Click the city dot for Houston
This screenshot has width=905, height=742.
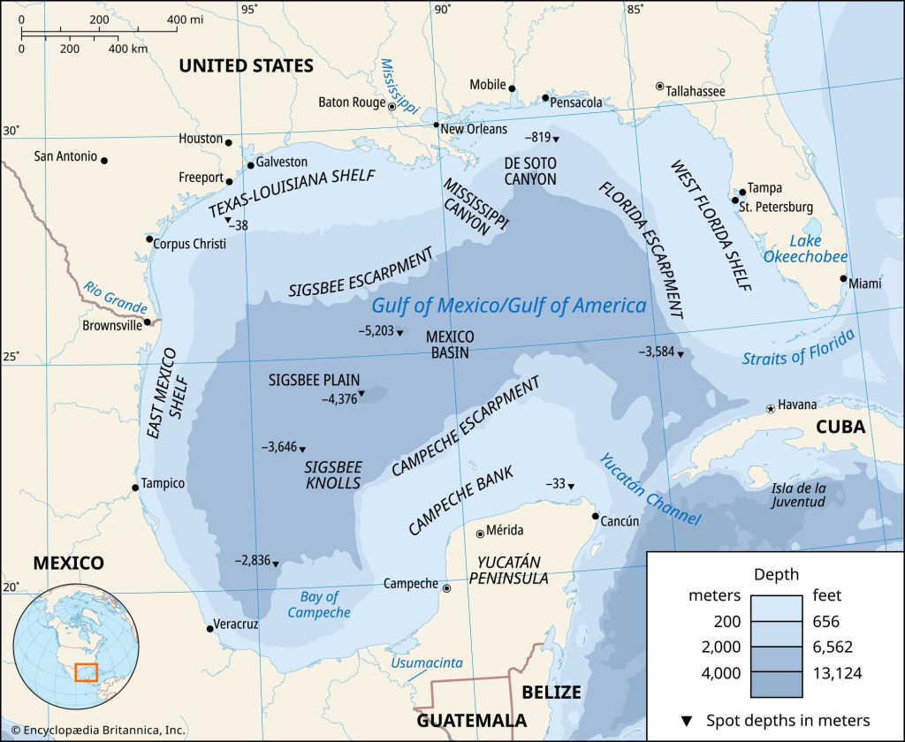[228, 142]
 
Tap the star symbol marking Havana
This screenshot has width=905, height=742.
[771, 408]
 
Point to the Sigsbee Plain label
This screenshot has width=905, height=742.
[314, 380]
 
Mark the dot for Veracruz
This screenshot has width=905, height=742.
[209, 628]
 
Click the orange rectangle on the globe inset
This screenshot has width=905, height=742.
[86, 673]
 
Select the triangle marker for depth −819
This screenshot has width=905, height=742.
[556, 139]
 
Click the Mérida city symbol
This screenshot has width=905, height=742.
[480, 533]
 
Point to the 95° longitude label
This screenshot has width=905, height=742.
[250, 10]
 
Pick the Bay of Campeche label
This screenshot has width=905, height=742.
[319, 604]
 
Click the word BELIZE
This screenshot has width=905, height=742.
[551, 691]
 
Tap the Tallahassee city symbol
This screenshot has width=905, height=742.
[659, 87]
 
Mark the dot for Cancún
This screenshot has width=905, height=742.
[596, 517]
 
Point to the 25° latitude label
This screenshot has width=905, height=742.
[11, 357]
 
